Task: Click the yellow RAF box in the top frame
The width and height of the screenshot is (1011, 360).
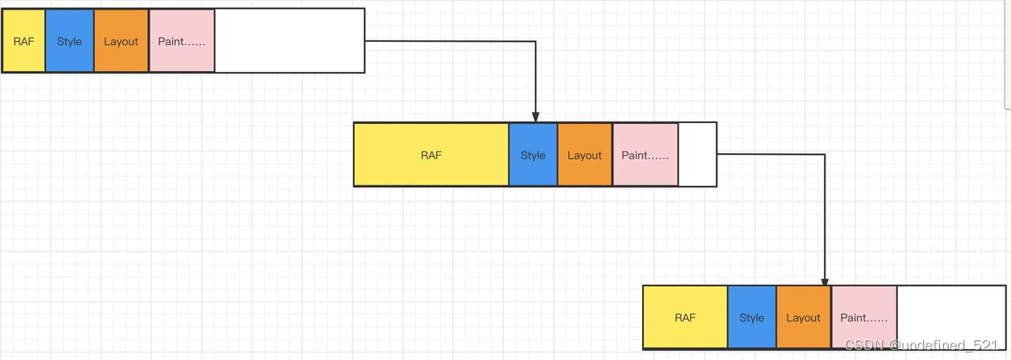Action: (x=24, y=41)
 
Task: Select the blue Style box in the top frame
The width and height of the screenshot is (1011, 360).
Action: (x=70, y=41)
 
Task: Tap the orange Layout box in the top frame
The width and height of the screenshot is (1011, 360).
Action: (x=121, y=41)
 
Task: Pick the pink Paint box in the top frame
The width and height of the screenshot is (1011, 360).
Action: (x=182, y=41)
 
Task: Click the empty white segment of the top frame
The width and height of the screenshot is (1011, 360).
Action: (x=289, y=41)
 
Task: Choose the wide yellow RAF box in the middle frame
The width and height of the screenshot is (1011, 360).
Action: (x=431, y=155)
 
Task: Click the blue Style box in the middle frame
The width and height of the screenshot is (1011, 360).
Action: (x=533, y=155)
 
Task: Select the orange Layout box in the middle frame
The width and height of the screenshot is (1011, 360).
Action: (x=584, y=155)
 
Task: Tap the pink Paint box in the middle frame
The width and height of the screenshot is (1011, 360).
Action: (x=645, y=155)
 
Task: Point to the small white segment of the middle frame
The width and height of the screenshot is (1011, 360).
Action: (x=697, y=155)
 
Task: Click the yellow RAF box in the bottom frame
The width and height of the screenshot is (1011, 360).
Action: (x=685, y=317)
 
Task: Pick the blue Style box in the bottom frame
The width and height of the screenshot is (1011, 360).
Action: (x=752, y=317)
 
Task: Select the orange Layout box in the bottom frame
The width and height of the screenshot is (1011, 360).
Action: (x=803, y=317)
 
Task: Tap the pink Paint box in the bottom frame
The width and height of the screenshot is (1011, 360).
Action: (x=864, y=317)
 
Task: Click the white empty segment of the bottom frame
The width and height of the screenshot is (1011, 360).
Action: (x=951, y=308)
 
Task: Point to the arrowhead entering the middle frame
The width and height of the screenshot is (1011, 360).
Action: (x=536, y=117)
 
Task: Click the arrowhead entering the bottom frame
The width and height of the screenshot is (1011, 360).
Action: (x=825, y=280)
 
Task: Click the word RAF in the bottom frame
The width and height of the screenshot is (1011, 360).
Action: (x=685, y=317)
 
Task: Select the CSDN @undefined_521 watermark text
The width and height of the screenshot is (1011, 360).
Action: (x=922, y=345)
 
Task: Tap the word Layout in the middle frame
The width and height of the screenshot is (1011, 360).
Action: (x=584, y=156)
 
